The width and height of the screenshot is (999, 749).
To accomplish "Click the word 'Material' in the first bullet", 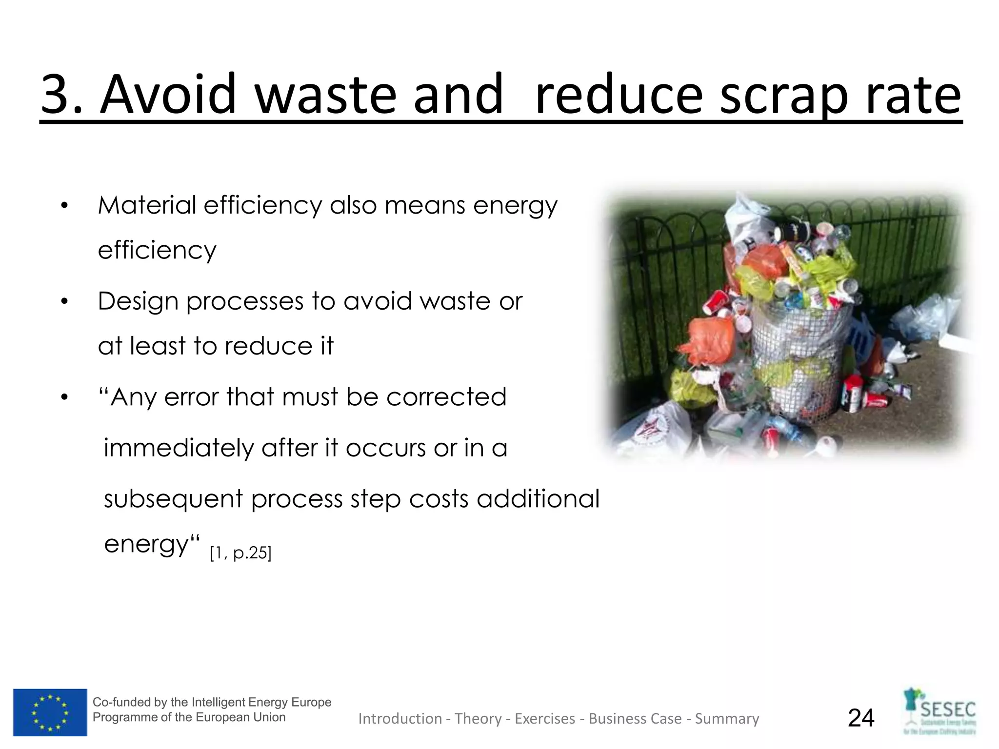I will [x=146, y=205].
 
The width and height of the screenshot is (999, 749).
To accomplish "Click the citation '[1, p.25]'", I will [x=240, y=552].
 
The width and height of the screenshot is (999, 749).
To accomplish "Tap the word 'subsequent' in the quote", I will [x=173, y=499].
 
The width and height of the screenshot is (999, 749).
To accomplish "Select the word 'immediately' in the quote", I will [x=179, y=448].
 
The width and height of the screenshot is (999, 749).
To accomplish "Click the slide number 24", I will [x=861, y=718].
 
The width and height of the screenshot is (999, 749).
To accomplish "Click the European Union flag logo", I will [x=50, y=712].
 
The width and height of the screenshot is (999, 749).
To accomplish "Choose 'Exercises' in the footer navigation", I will [x=545, y=719].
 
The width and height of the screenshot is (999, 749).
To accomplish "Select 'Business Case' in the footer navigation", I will [x=635, y=719].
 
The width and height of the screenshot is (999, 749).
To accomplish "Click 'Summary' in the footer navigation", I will [x=727, y=719].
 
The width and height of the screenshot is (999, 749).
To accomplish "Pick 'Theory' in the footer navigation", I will [x=478, y=719].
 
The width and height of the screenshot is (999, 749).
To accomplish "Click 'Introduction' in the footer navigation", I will [x=400, y=719].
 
